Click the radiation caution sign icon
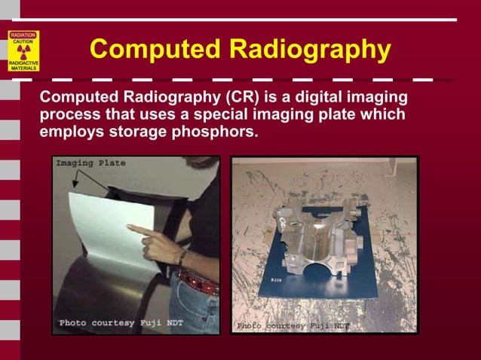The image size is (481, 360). pos(23,50)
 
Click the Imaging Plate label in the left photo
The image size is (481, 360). pos(90,163)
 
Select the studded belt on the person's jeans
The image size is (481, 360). pos(198,283)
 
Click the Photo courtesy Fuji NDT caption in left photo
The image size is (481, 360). pos(121,323)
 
